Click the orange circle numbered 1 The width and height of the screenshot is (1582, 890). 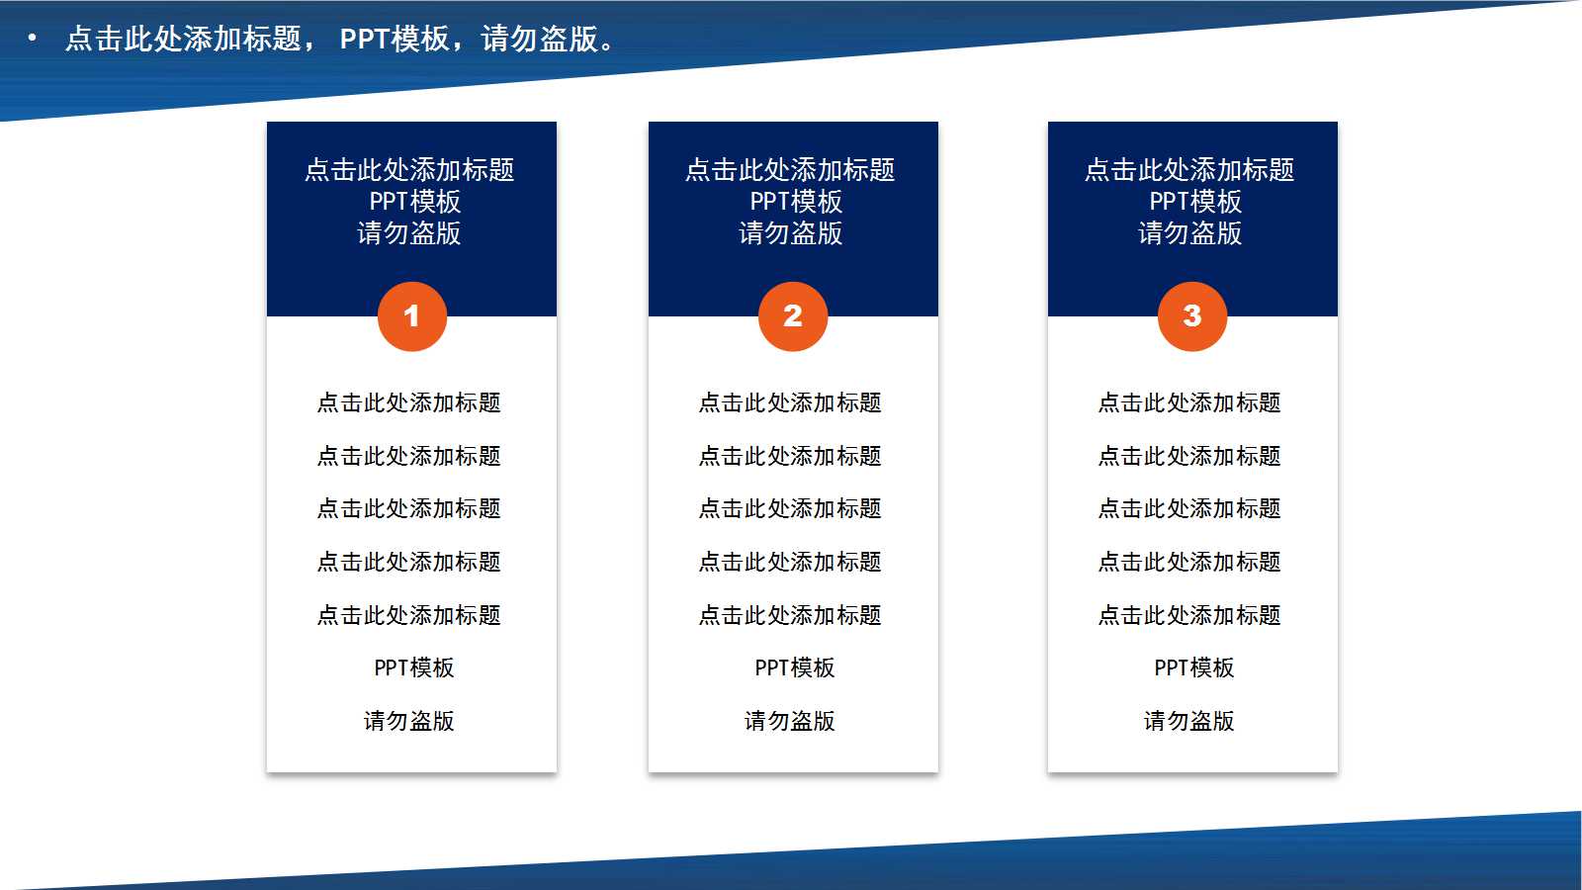click(x=411, y=316)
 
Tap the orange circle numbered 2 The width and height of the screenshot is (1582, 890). click(x=793, y=316)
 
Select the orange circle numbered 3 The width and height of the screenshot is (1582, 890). click(x=1192, y=316)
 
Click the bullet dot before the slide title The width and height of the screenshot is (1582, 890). click(x=33, y=39)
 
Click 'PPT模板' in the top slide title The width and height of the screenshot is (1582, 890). click(x=395, y=39)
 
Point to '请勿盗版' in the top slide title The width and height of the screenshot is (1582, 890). click(x=540, y=39)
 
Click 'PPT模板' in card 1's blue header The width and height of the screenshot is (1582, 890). click(x=414, y=202)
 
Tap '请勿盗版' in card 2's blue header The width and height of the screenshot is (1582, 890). click(x=791, y=233)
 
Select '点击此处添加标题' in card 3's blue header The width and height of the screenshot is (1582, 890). click(x=1189, y=170)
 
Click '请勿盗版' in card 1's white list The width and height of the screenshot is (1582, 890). click(x=409, y=721)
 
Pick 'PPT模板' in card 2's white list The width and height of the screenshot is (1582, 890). click(x=795, y=667)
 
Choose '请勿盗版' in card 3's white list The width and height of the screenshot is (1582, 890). click(x=1189, y=721)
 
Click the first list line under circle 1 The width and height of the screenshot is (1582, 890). click(x=409, y=402)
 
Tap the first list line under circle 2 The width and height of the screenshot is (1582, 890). click(x=790, y=402)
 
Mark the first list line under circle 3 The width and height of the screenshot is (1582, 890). click(x=1189, y=402)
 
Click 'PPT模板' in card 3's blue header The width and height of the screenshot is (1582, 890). click(x=1194, y=202)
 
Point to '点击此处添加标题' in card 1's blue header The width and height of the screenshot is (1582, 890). click(x=409, y=170)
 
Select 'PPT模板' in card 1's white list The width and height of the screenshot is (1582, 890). click(x=414, y=667)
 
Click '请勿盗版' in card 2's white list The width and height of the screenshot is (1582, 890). click(x=790, y=721)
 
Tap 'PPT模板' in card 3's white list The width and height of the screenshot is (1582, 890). click(x=1194, y=667)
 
